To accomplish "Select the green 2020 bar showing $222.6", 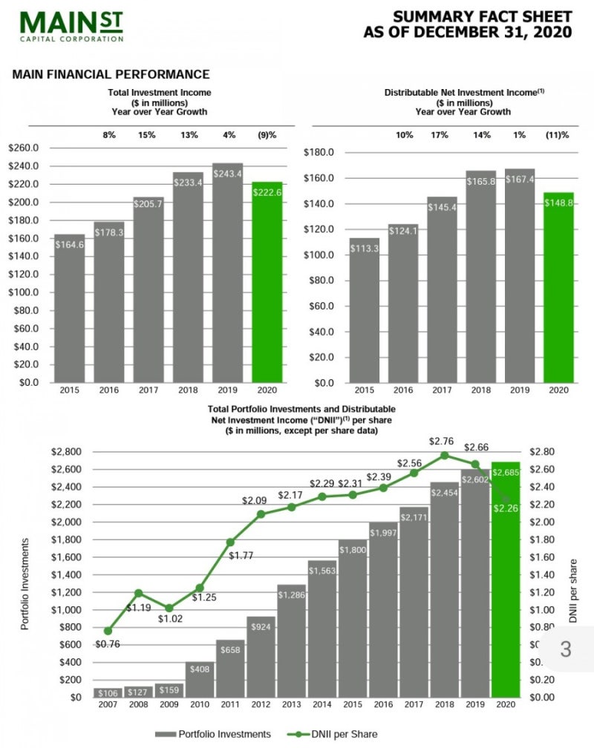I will coord(267,282).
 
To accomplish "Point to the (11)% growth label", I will coord(557,135).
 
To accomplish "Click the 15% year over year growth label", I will coord(148,135).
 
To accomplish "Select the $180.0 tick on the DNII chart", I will coord(321,153).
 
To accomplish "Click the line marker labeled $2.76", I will coord(445,456).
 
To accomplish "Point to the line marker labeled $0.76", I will coord(108,630).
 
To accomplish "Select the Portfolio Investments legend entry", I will coord(213,734).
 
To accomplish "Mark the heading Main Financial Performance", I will coord(111,74).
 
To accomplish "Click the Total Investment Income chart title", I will coord(160,102).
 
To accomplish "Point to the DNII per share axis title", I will coord(573,591).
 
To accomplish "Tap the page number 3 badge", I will coord(566,649).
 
